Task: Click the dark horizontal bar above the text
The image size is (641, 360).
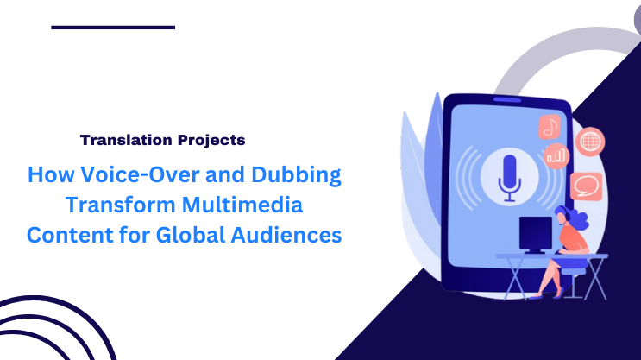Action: coord(113,27)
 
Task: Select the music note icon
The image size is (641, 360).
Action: coord(550,128)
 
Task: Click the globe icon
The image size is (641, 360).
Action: coord(591,141)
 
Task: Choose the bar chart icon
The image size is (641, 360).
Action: coord(556,156)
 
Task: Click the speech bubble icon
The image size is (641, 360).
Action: coord(585,184)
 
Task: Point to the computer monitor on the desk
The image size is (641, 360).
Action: coord(535,233)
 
